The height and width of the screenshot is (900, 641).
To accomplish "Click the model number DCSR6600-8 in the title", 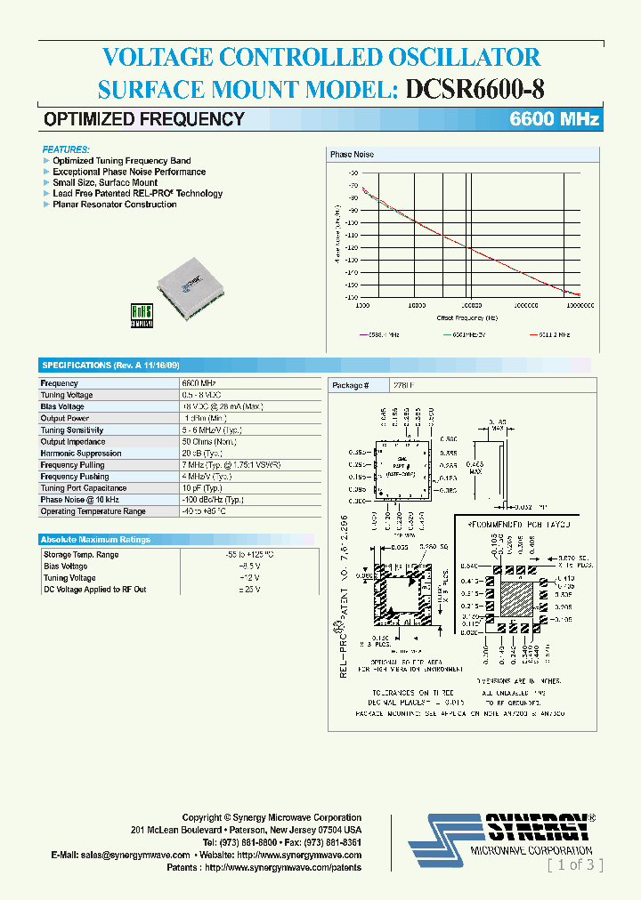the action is click(475, 89).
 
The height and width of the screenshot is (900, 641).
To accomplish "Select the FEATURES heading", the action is click(66, 149).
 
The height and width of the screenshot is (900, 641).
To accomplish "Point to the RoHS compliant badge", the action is click(142, 317).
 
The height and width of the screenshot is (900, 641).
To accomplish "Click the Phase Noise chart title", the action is click(352, 155).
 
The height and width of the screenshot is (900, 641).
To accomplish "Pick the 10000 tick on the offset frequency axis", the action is click(417, 305).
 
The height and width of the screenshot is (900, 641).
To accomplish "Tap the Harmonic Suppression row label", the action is click(81, 454).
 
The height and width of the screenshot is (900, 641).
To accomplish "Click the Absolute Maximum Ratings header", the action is click(95, 540).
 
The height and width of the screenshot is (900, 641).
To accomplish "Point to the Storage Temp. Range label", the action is click(81, 555).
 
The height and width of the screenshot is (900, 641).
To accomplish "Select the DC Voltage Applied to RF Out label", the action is click(95, 590).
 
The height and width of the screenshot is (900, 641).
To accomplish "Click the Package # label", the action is click(350, 386).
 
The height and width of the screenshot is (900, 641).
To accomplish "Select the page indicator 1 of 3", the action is click(575, 864).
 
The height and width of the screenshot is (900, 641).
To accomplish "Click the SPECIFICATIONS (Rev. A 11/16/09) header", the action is click(110, 366).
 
